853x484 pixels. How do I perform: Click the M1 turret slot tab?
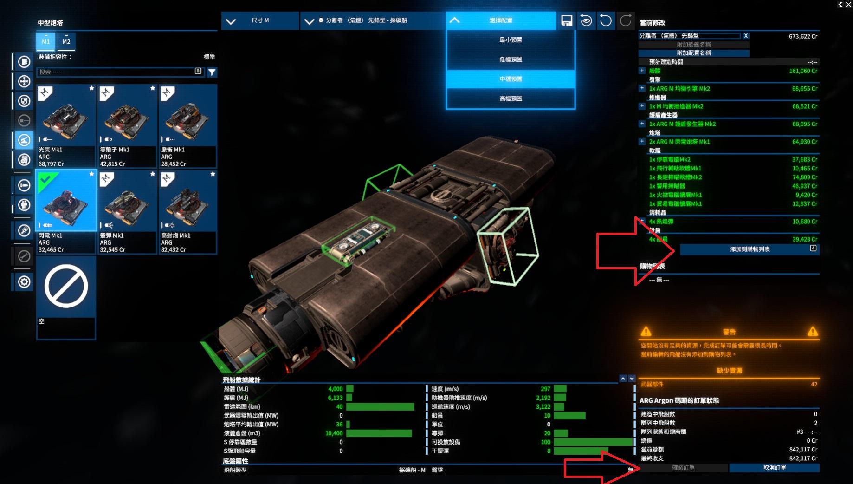[x=45, y=41]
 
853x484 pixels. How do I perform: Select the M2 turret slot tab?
[x=66, y=41]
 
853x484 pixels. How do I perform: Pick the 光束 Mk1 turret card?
[x=66, y=125]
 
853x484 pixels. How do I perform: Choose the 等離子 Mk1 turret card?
[x=127, y=125]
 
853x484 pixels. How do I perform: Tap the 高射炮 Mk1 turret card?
[x=187, y=211]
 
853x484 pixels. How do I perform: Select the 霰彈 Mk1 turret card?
[x=127, y=211]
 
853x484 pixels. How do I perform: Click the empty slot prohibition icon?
[x=66, y=287]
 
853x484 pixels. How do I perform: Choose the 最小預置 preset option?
[x=511, y=40]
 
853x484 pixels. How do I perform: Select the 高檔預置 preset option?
[x=511, y=98]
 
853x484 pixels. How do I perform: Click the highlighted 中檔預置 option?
[x=511, y=79]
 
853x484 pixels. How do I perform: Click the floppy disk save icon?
[x=567, y=21]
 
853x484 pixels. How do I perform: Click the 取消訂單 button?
[x=774, y=468]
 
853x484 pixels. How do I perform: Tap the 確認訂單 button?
[x=683, y=468]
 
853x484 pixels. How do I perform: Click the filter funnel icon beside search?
[x=212, y=72]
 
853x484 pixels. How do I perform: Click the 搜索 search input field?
[x=116, y=72]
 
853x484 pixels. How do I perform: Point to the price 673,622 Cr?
[x=803, y=36]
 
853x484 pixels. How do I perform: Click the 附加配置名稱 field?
[x=694, y=53]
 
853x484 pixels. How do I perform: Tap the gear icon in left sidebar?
[x=24, y=282]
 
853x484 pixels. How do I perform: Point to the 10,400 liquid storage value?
[x=334, y=433]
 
